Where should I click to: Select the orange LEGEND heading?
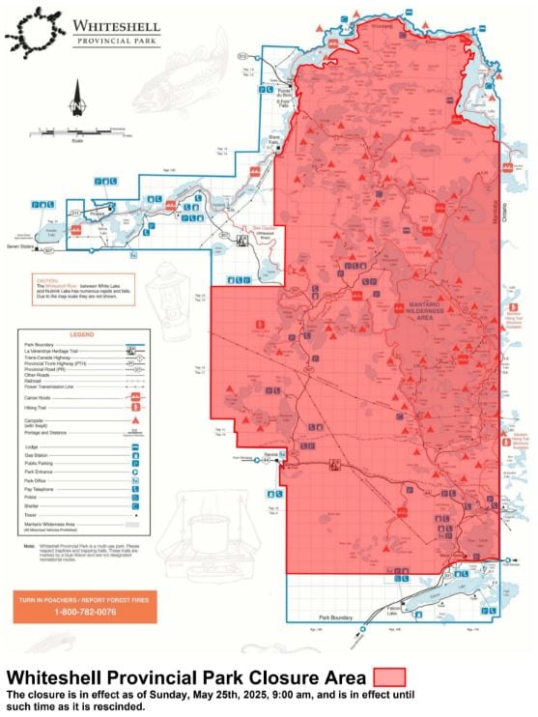[x=80, y=332]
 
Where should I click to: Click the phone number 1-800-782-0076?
[x=79, y=611]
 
